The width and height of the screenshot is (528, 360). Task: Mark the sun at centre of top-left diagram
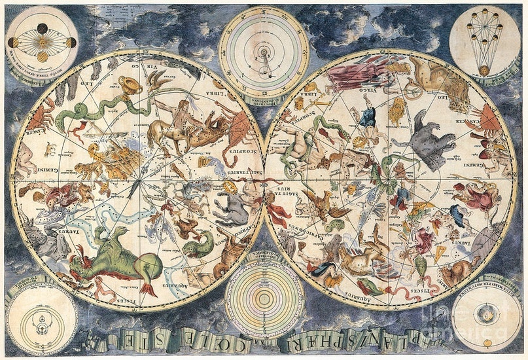[x=43, y=43]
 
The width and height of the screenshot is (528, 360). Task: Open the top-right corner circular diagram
[x=484, y=41]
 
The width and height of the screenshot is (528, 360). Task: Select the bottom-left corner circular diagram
[x=41, y=318]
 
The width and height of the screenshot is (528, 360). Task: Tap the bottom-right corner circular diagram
[x=487, y=319]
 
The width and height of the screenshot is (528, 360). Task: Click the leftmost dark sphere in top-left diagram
[x=13, y=43]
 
